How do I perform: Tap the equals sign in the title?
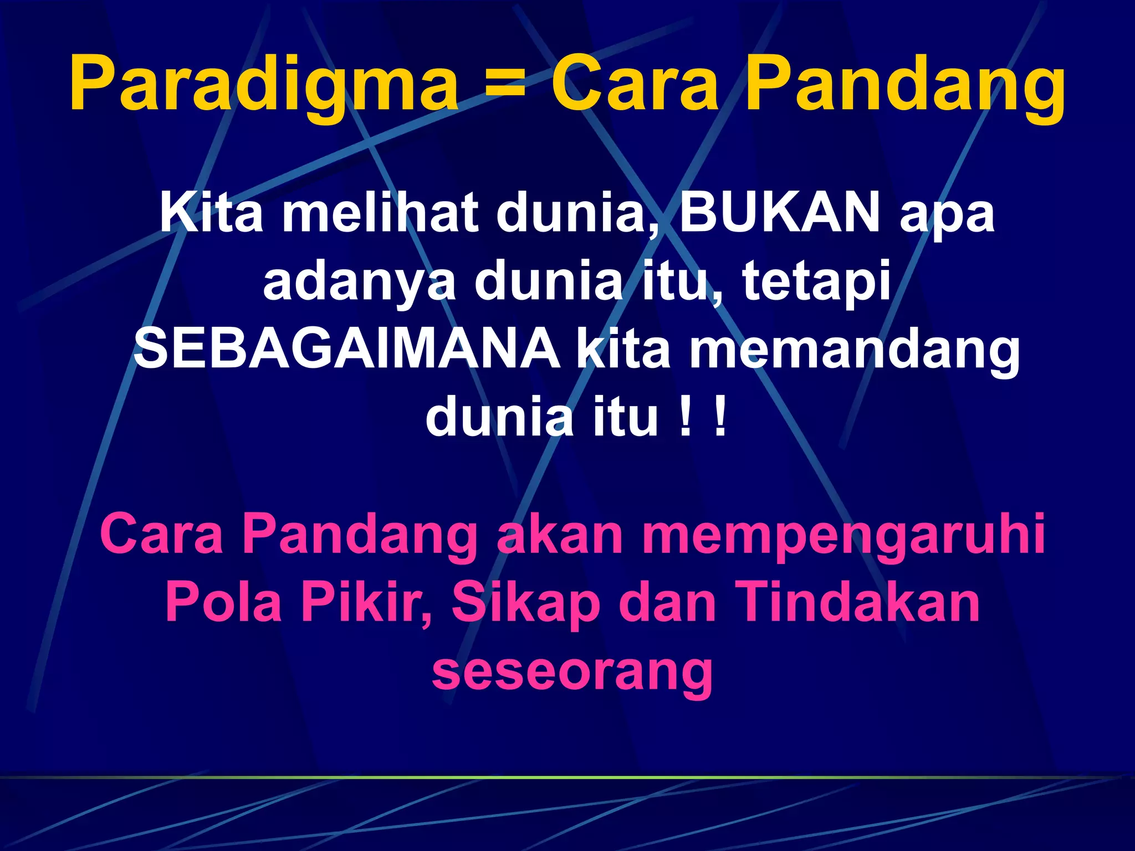(504, 84)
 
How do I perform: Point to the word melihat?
(380, 213)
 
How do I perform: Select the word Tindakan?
(860, 602)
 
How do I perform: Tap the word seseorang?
(572, 671)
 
